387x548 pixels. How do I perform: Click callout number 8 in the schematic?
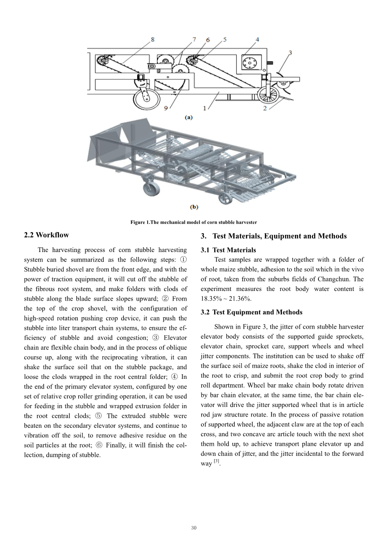point(152,39)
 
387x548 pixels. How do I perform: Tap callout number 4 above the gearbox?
point(257,39)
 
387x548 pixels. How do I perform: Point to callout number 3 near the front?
point(290,53)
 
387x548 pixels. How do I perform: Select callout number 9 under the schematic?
point(166,108)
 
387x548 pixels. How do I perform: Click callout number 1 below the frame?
point(205,108)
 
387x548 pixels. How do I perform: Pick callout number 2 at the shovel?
point(265,108)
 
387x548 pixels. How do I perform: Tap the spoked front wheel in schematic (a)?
point(267,94)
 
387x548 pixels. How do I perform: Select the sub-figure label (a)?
point(189,118)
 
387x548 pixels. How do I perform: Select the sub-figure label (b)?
point(194,207)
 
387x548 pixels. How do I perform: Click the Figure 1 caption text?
point(194,222)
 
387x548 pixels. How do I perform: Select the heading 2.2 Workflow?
point(46,235)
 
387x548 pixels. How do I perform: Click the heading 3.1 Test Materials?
point(228,250)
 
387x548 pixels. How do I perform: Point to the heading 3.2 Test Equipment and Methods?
point(251,312)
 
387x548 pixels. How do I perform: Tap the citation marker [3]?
point(216,462)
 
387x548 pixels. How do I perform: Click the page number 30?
point(194,527)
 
